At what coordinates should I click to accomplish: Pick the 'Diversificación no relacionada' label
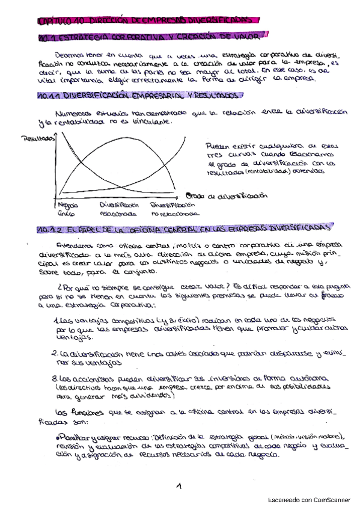[x=174, y=208]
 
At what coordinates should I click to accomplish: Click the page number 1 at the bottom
[x=178, y=485]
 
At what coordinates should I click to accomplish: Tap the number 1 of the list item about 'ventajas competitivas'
[x=55, y=319]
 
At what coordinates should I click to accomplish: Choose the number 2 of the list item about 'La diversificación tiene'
[x=54, y=352]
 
